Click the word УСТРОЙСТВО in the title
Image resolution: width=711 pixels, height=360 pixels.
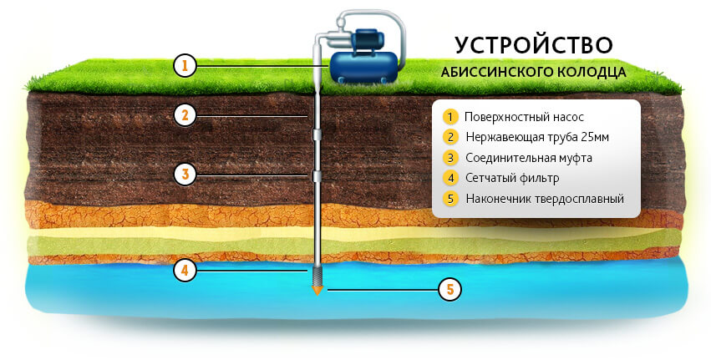(534, 44)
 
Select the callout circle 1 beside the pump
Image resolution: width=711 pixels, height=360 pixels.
(185, 64)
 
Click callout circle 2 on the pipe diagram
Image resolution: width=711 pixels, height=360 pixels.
(185, 115)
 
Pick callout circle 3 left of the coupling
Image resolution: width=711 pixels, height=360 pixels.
(185, 175)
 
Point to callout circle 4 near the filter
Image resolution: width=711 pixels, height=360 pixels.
(185, 271)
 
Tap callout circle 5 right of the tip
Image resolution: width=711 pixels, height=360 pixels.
(450, 290)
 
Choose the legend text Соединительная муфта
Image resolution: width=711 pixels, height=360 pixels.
(525, 157)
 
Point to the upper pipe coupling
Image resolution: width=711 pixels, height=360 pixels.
(317, 134)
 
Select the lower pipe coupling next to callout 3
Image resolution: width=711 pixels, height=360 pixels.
(317, 176)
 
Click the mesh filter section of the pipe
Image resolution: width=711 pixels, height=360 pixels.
(317, 276)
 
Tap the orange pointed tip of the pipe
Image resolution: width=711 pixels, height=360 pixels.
(317, 292)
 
